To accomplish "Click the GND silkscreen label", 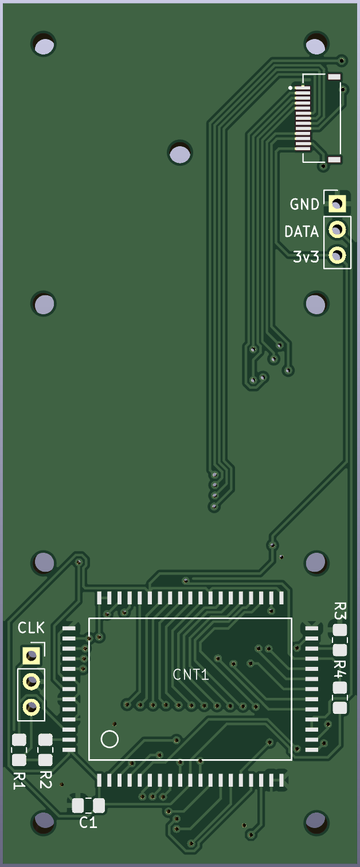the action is (x=304, y=204).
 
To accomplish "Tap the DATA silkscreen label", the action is (x=301, y=232).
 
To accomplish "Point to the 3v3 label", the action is (x=306, y=257).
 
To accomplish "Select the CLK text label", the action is (x=31, y=628).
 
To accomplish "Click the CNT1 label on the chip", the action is (x=190, y=675).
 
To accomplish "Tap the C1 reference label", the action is (x=88, y=822).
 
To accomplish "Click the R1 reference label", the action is (x=19, y=780).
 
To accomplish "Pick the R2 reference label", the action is (x=45, y=780).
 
